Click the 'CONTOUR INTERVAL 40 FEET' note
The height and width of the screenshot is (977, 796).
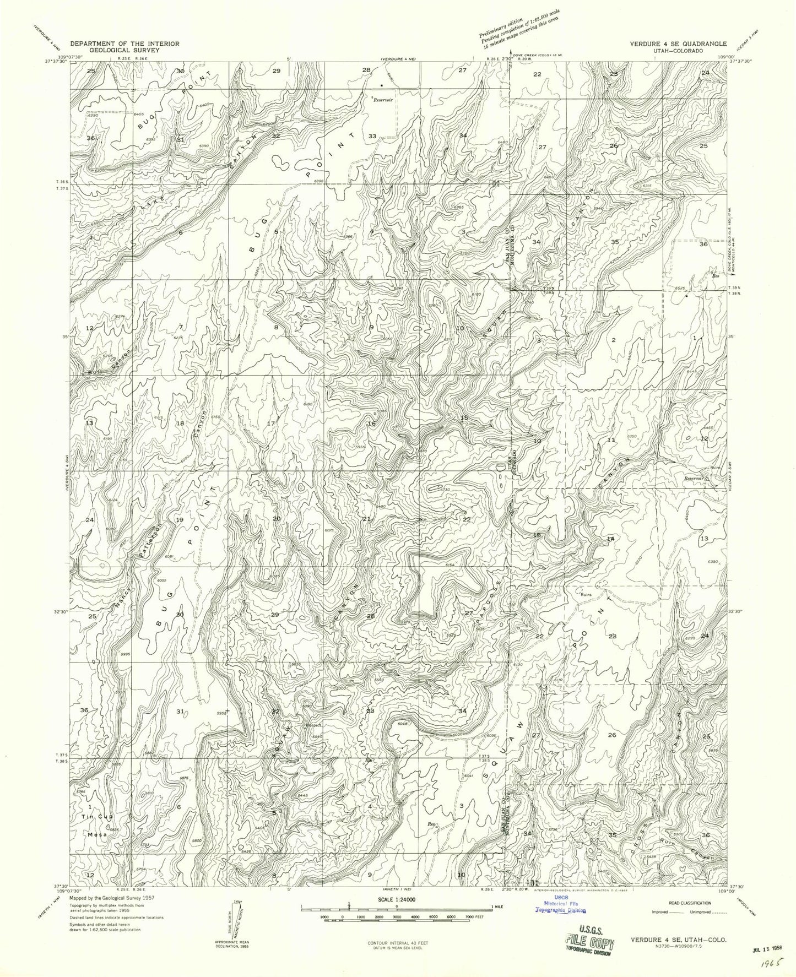397,943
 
